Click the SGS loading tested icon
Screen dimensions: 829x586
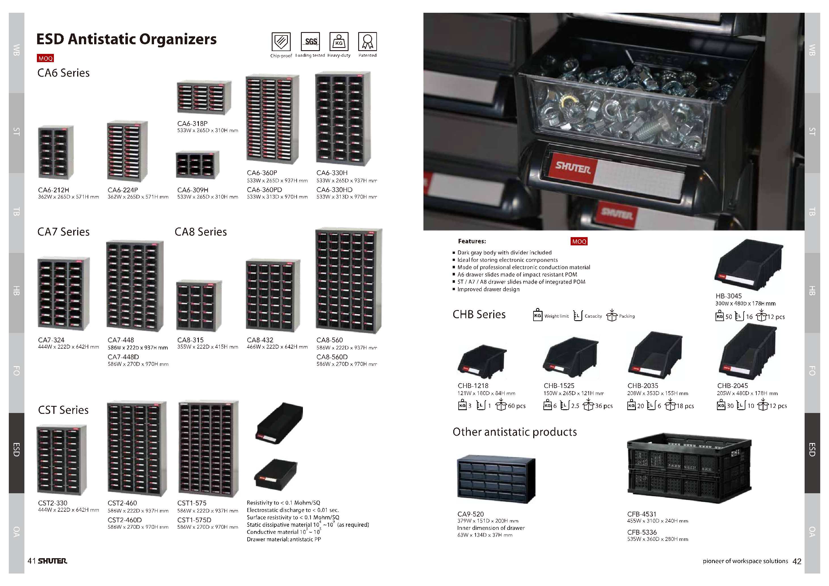pyautogui.click(x=310, y=41)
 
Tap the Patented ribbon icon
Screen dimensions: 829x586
pyautogui.click(x=368, y=41)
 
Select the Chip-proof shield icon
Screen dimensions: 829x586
pyautogui.click(x=281, y=41)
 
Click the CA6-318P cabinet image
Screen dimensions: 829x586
pyautogui.click(x=204, y=98)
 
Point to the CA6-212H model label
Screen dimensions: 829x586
pyautogui.click(x=53, y=190)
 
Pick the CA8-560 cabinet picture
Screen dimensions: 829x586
pyautogui.click(x=349, y=280)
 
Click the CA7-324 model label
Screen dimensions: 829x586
pyautogui.click(x=51, y=340)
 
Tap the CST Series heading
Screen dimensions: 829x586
pyautogui.click(x=63, y=410)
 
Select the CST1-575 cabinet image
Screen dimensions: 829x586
pyautogui.click(x=209, y=449)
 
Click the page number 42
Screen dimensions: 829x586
pyautogui.click(x=797, y=561)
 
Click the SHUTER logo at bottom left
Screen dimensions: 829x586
pyautogui.click(x=52, y=561)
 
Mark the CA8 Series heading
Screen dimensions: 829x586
pyautogui.click(x=201, y=232)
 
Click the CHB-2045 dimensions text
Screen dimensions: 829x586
pyautogui.click(x=747, y=393)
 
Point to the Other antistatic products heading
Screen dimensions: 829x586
pyautogui.click(x=515, y=432)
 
